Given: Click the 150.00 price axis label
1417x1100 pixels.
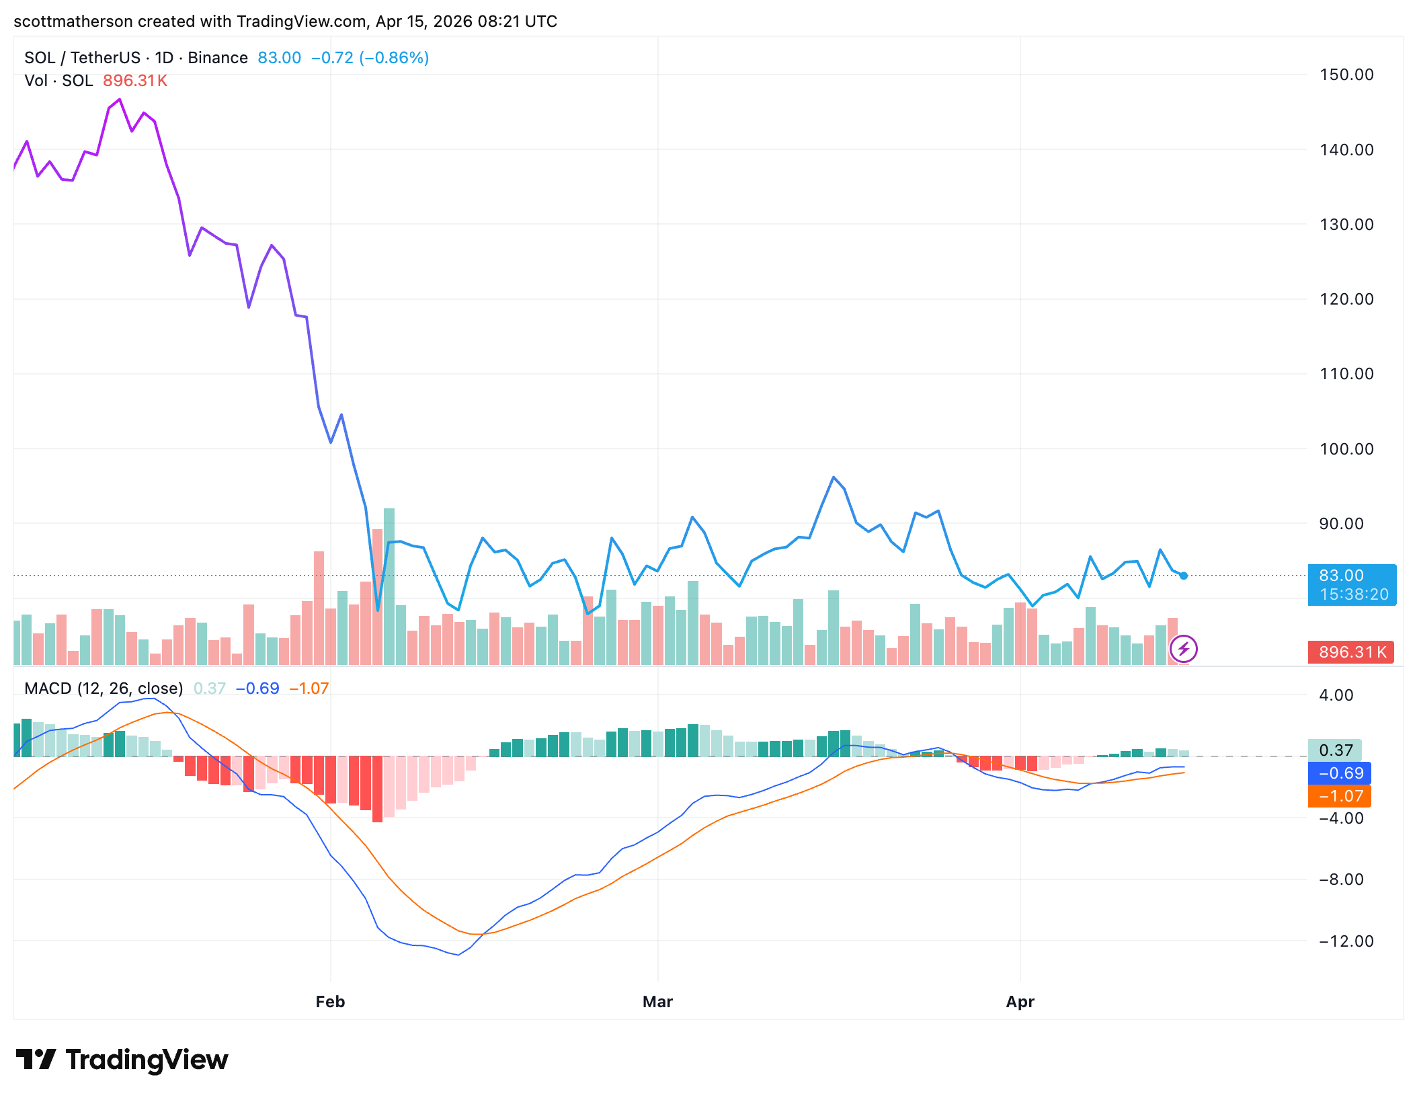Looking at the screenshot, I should (1346, 75).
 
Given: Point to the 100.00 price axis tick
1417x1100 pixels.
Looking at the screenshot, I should (1346, 449).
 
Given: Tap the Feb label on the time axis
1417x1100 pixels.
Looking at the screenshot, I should (330, 1002).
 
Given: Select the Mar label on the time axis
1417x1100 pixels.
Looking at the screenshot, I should (657, 1002).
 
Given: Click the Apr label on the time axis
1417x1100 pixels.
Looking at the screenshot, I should (1020, 1002).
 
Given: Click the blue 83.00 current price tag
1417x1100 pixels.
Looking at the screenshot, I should (1352, 584).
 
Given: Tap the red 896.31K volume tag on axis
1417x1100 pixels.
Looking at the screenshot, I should (1352, 652).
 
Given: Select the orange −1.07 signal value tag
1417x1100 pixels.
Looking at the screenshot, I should (1340, 796).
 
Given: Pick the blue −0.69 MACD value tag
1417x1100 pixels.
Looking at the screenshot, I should (1340, 773).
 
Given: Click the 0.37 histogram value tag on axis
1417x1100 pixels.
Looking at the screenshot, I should (1335, 750).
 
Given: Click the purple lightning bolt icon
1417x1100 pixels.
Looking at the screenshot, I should (1183, 649).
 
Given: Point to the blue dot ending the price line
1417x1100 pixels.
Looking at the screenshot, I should (1184, 576).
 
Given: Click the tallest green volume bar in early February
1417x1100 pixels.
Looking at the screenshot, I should (389, 585).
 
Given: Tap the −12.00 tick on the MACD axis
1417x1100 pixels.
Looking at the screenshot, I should (1346, 941).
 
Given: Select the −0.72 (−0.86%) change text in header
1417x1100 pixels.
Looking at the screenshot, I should (370, 58).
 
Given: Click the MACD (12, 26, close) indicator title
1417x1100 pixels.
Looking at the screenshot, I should (104, 689).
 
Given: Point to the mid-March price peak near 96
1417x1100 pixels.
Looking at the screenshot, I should (834, 477).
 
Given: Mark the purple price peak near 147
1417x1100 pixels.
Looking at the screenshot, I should (120, 100).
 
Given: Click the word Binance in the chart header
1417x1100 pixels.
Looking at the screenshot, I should (218, 58).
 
